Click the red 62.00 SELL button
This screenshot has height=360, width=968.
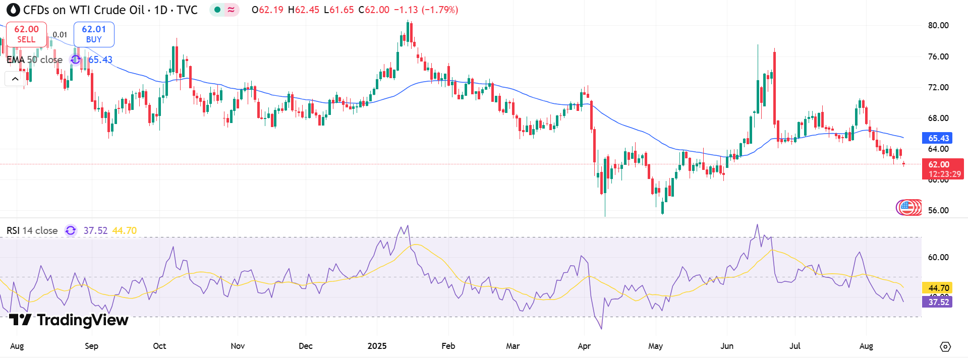point(26,34)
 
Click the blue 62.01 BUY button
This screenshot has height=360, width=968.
point(94,34)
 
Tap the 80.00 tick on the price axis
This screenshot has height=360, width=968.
point(938,26)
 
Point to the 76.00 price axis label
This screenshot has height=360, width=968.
point(938,56)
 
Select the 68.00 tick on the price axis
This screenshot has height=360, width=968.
point(938,118)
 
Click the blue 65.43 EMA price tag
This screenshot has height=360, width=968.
point(937,138)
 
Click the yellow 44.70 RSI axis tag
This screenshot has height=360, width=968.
point(937,288)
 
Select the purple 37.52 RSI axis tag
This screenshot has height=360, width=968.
point(937,302)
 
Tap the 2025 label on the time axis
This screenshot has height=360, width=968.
point(377,346)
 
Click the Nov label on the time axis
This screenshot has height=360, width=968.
point(238,346)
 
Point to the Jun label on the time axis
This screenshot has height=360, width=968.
point(727,346)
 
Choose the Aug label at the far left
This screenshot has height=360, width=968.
point(17,346)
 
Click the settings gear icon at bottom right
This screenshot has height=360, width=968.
point(945,346)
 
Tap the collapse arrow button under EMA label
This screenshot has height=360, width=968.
point(15,79)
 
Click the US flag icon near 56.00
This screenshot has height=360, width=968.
point(907,207)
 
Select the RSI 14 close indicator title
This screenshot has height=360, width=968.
point(32,230)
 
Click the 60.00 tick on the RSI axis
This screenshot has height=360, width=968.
point(938,257)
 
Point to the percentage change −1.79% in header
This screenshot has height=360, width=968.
point(440,10)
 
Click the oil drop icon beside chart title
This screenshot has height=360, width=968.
point(13,10)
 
